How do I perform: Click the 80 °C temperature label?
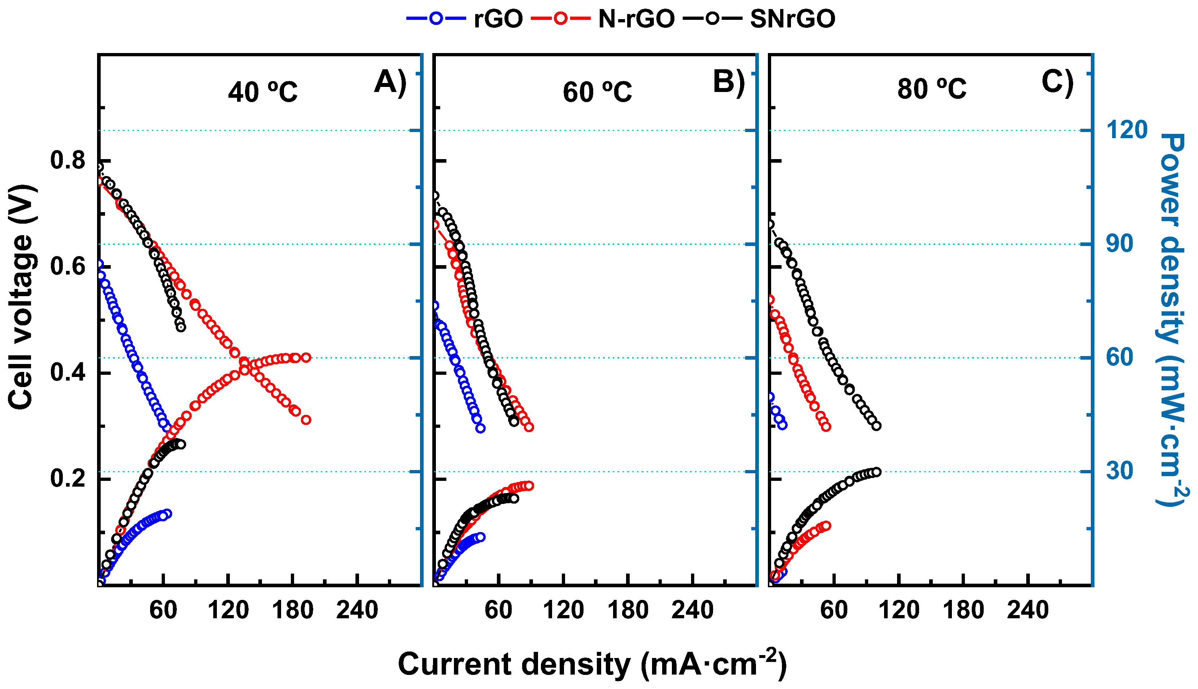[x=931, y=89]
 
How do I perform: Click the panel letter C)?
[x=1057, y=82]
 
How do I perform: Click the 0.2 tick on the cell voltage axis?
[x=68, y=478]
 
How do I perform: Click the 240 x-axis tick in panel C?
[x=1028, y=610]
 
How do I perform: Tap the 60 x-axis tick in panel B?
[x=498, y=610]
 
